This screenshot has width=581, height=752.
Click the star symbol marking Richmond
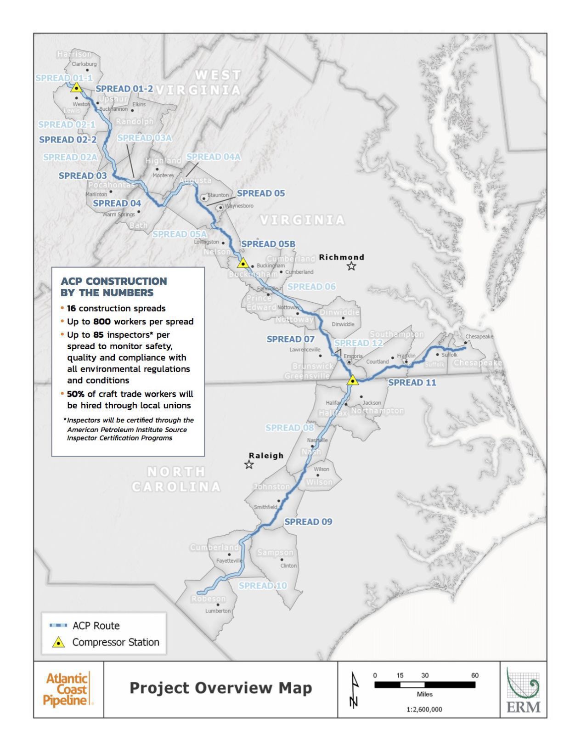point(351,266)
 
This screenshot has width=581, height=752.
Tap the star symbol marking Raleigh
point(249,464)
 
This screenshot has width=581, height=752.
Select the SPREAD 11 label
point(412,382)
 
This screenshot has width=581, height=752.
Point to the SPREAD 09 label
point(308,521)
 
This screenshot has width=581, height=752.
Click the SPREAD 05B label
point(268,244)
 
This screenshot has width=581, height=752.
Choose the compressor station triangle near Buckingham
point(243,263)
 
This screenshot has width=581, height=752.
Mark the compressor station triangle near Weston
point(76,87)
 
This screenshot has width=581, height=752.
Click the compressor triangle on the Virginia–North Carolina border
point(352,380)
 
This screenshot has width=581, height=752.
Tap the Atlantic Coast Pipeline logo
point(68,689)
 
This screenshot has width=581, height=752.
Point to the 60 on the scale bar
point(474,675)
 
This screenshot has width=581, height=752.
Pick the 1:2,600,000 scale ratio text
point(424,709)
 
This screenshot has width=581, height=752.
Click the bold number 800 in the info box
point(102,322)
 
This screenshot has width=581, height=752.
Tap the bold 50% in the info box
point(75,394)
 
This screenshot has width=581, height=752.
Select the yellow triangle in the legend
point(58,643)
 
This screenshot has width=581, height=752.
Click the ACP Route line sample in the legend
point(58,626)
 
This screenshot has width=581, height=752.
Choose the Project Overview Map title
point(220,688)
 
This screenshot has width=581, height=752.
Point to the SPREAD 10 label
point(262,586)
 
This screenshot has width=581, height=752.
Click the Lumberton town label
point(218,611)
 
